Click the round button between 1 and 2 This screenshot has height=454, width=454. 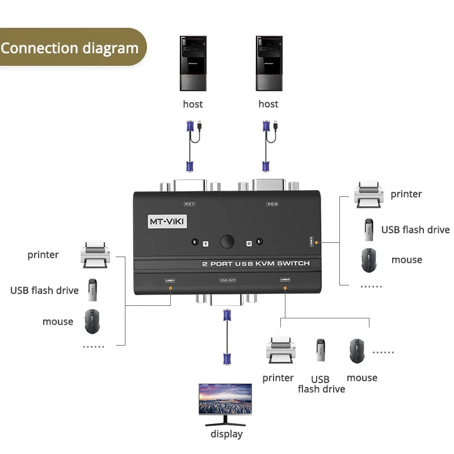228,242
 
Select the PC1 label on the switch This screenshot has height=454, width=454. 190,204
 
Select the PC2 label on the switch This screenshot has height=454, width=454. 272,204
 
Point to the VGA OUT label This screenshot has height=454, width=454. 227,280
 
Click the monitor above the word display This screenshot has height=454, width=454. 225,403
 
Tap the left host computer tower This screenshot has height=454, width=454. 193,64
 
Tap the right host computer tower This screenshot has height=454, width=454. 269,64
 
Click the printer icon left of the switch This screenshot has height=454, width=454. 94,255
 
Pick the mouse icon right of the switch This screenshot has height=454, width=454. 368,259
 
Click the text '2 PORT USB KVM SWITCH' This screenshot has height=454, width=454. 256,263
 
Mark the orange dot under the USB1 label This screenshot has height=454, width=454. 171,289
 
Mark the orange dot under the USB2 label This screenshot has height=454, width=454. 284,289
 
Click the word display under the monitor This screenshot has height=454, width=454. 226,434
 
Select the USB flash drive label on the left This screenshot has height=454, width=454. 44,291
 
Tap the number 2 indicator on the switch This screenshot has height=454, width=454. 249,243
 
